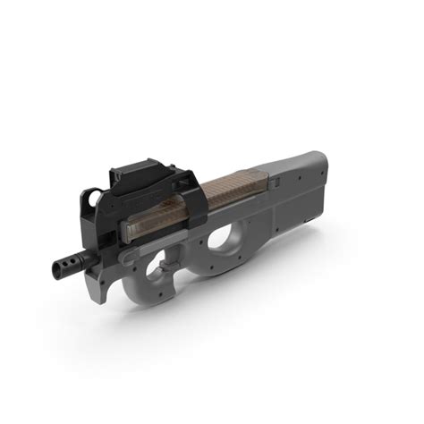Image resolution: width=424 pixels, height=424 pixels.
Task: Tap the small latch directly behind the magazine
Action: coord(276,182)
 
